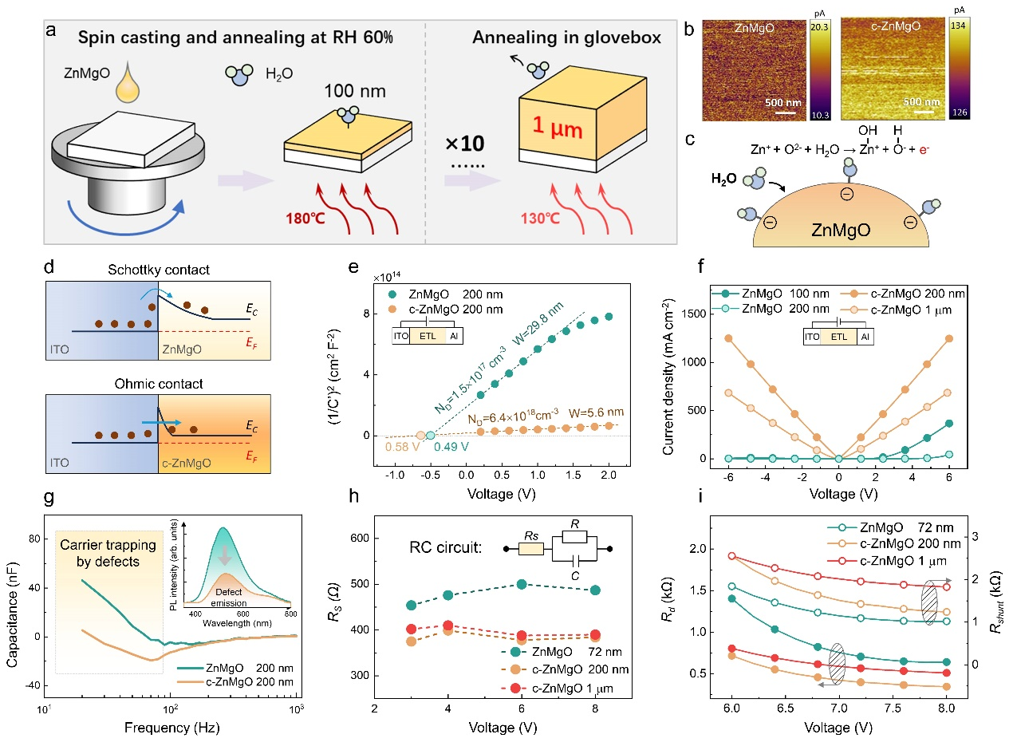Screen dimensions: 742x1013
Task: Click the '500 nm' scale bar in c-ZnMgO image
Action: point(920,102)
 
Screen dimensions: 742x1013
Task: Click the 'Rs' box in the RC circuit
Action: point(530,549)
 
